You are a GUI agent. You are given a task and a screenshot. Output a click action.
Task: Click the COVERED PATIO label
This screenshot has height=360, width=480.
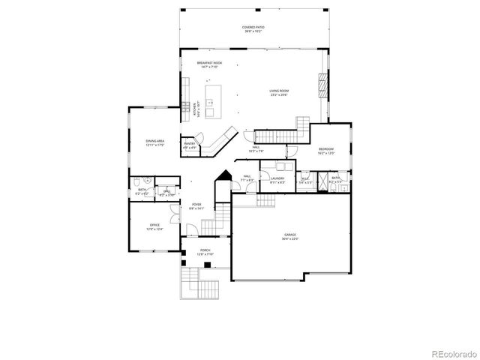click(x=253, y=28)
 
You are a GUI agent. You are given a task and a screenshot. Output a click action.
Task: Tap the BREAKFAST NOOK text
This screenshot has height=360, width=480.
click(x=209, y=63)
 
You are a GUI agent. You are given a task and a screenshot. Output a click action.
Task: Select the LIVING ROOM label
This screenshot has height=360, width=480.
click(x=279, y=91)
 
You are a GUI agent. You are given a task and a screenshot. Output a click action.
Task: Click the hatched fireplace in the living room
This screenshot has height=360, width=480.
click(x=324, y=85)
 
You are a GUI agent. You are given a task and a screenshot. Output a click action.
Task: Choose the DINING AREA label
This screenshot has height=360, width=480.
click(x=155, y=140)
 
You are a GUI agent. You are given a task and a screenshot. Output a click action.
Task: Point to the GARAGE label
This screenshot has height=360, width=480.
click(x=289, y=235)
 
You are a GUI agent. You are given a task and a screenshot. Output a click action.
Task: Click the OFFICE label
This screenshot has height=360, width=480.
click(x=154, y=225)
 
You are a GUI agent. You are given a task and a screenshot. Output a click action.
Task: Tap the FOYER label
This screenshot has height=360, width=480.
click(x=196, y=204)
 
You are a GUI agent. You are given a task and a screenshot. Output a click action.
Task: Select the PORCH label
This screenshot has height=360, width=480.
click(x=205, y=250)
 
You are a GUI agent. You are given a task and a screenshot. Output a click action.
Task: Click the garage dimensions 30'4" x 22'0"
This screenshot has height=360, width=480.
click(x=289, y=239)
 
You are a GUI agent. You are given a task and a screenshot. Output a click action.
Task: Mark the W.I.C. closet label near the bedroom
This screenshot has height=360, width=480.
click(x=306, y=178)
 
